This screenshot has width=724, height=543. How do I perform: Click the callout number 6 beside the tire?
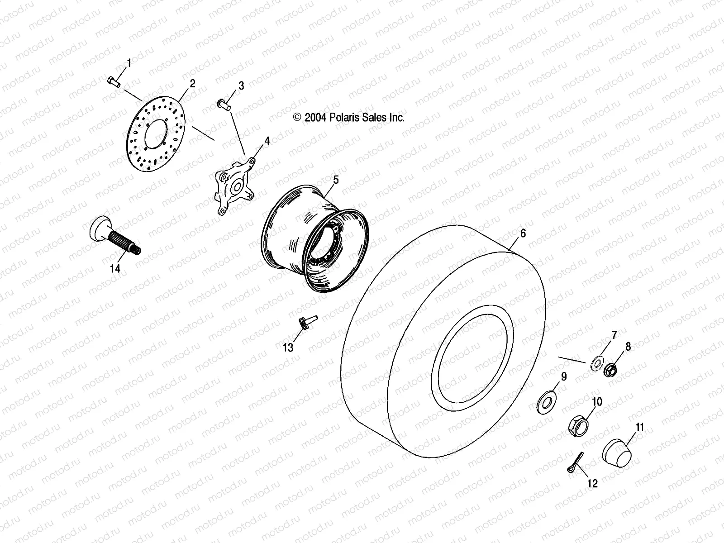coord(523,233)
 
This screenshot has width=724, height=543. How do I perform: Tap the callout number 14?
coord(115,269)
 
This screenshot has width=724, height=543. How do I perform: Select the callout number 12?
coord(592,484)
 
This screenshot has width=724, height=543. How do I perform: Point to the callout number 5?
coord(335,180)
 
